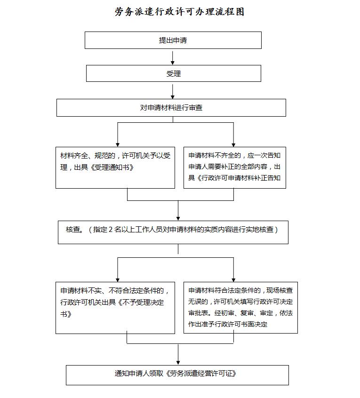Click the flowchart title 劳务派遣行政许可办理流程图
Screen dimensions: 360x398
[179, 12]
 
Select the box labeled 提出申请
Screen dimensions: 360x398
[173, 40]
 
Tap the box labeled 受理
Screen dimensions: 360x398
[174, 73]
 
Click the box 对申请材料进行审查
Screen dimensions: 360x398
[171, 108]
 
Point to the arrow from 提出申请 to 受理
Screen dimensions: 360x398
[173, 58]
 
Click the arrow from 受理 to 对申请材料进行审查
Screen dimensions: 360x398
[173, 91]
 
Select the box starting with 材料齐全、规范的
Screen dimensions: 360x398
[115, 167]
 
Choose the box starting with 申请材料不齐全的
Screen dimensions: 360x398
[235, 167]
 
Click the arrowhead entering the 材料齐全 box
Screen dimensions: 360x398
[118, 145]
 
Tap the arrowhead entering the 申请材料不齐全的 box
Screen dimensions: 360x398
[233, 145]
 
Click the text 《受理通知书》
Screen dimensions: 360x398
[112, 167]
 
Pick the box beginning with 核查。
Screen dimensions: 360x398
[173, 232]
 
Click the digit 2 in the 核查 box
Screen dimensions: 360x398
[111, 230]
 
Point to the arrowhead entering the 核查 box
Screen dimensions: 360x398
[178, 219]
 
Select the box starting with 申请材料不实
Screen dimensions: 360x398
[115, 308]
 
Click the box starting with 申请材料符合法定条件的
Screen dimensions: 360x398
[240, 308]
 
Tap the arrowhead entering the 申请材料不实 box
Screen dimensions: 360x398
[118, 280]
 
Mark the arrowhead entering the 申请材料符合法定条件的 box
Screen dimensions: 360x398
[233, 280]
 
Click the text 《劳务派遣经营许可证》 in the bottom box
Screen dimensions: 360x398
[201, 374]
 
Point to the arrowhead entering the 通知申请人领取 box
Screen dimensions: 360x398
[178, 363]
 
